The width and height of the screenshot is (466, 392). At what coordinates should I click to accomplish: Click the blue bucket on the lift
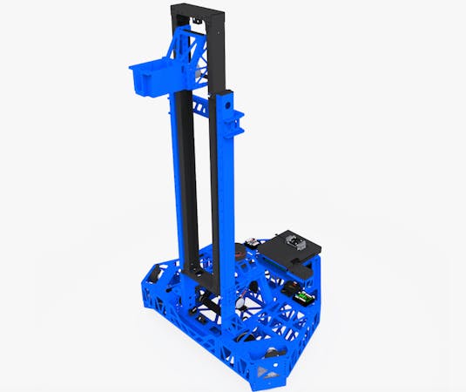click(148, 78)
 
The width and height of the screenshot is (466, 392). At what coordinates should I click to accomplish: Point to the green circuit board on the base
click(301, 297)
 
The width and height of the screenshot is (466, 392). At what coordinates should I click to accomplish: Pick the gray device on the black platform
click(297, 243)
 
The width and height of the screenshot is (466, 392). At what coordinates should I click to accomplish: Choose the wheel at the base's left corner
click(152, 276)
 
